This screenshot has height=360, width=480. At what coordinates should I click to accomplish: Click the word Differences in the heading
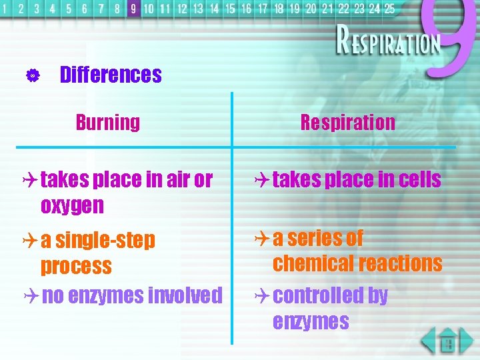[111, 75]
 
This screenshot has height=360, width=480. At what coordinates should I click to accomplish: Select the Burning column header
[107, 123]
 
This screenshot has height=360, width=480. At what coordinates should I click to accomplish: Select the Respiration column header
[347, 123]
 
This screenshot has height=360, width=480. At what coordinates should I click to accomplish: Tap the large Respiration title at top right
[389, 43]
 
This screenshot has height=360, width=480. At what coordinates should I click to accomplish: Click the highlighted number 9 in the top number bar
[133, 9]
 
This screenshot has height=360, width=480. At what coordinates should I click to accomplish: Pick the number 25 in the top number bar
[389, 9]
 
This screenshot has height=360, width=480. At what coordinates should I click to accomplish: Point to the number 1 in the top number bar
[6, 9]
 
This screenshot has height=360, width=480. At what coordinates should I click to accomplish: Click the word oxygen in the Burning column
[72, 206]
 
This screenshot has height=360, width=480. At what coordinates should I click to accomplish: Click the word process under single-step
[76, 267]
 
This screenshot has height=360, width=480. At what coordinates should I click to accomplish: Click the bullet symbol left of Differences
[30, 75]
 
